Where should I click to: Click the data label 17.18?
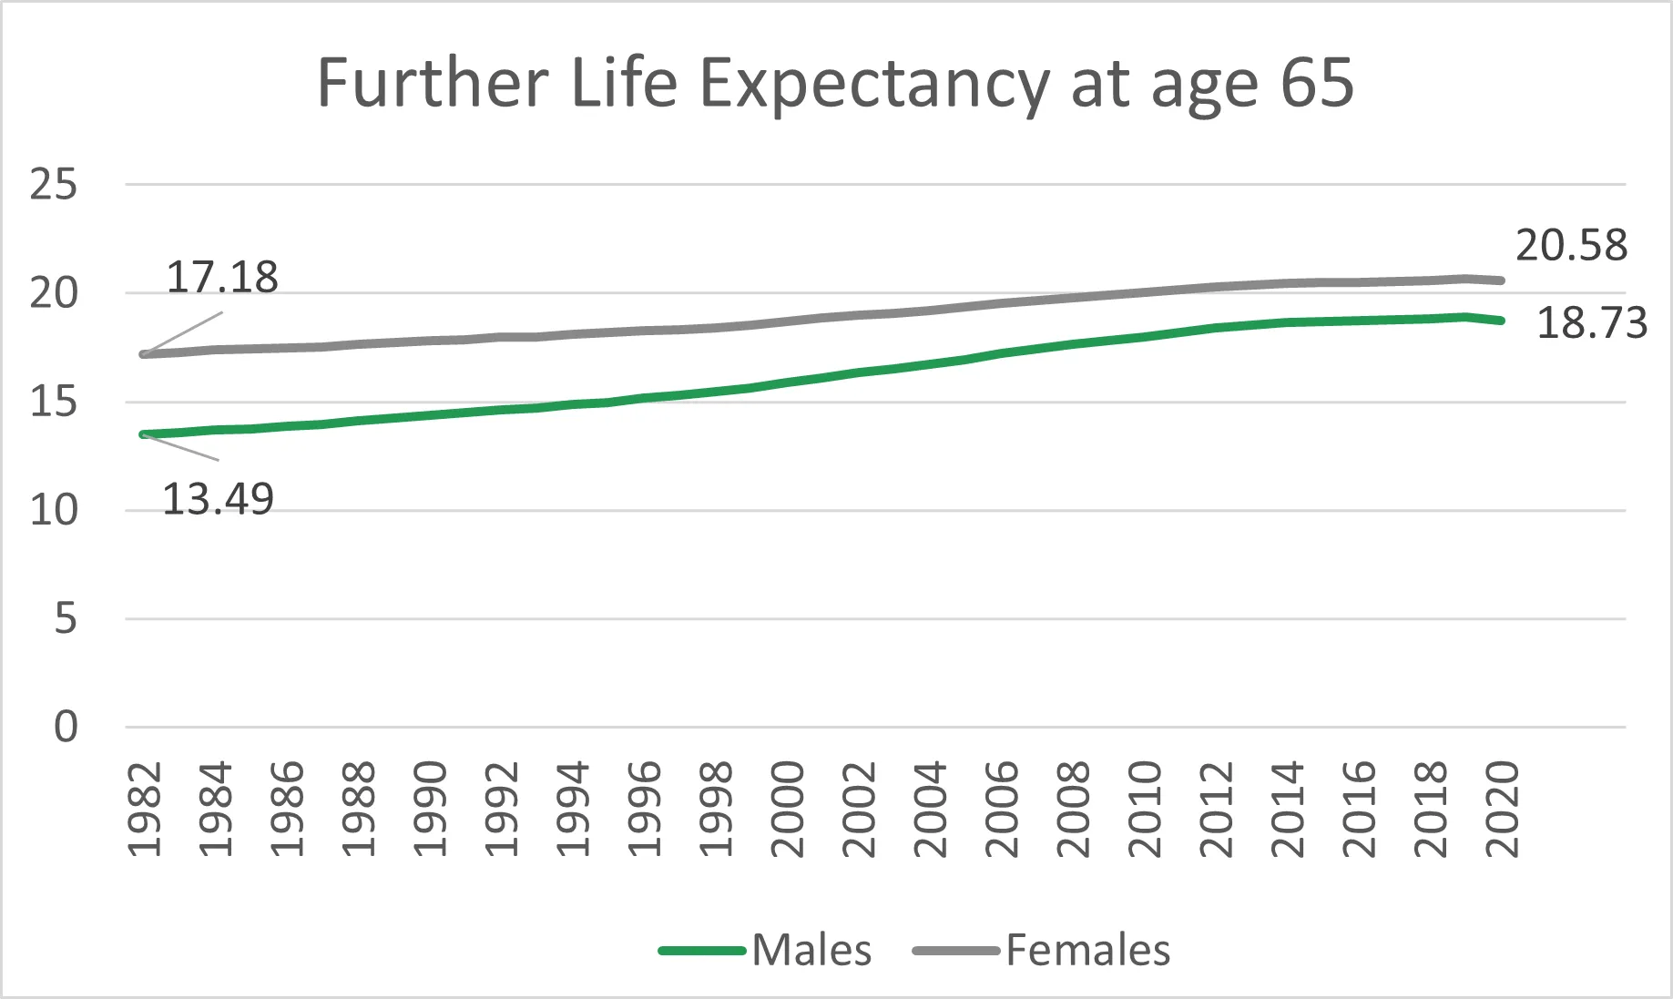[222, 278]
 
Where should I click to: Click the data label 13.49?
[218, 500]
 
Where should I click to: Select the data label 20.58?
[1571, 246]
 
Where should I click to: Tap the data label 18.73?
[1592, 323]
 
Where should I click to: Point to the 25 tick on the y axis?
[54, 185]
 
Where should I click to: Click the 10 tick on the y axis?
[54, 511]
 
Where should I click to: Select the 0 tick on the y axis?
[66, 728]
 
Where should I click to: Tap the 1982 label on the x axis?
[145, 810]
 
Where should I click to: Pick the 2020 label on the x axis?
[1502, 810]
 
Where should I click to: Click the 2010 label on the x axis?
[1145, 810]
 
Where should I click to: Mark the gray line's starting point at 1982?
[143, 354]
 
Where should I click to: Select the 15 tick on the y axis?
[54, 403]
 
